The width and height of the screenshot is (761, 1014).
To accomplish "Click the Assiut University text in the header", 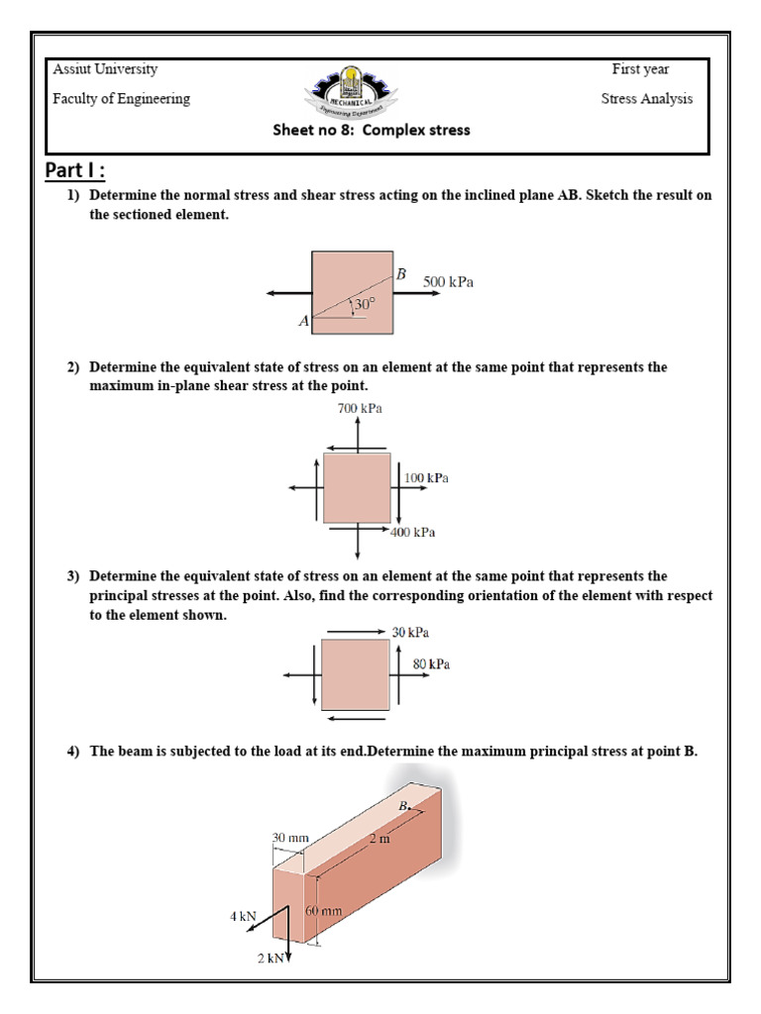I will [x=105, y=69].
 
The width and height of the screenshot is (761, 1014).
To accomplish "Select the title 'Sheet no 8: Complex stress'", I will [x=372, y=130].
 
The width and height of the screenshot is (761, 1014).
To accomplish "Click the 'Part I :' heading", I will [x=75, y=170].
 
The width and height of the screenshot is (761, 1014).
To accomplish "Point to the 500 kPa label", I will [x=449, y=282].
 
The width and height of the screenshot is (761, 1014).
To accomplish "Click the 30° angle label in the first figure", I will [x=366, y=305].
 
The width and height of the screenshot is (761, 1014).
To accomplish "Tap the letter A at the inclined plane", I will [x=303, y=322].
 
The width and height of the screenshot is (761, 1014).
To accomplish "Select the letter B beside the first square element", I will [x=401, y=273].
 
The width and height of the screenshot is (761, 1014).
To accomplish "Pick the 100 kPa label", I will [x=426, y=478].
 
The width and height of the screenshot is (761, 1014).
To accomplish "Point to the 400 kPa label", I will [x=413, y=533].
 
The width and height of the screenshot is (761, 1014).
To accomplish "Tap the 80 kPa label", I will [x=432, y=664].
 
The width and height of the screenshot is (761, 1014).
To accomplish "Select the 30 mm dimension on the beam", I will [x=291, y=838].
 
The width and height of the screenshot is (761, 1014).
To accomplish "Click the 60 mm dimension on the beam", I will [x=324, y=910].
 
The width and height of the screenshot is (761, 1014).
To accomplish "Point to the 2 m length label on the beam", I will [x=380, y=839].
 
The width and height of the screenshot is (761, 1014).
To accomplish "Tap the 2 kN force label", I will [x=270, y=958].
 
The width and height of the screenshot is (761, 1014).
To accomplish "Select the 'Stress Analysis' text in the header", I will [x=647, y=99].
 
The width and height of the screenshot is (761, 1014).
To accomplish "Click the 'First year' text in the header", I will [x=640, y=69].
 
